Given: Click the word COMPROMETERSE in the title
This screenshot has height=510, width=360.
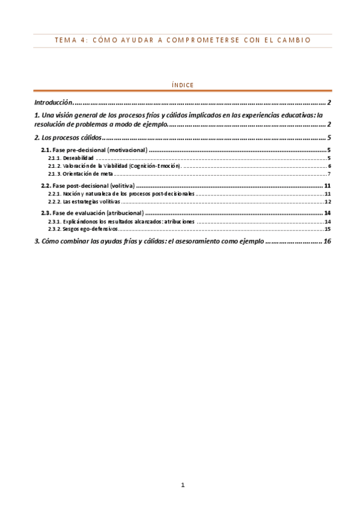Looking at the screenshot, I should [x=203, y=40].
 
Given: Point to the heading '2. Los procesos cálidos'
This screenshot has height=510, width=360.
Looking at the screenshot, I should [x=67, y=138].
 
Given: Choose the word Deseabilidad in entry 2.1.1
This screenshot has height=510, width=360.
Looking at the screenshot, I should [x=78, y=158].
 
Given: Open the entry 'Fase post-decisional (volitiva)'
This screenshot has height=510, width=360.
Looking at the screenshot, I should [x=94, y=186].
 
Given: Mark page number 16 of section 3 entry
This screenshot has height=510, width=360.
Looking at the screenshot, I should [x=327, y=241].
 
